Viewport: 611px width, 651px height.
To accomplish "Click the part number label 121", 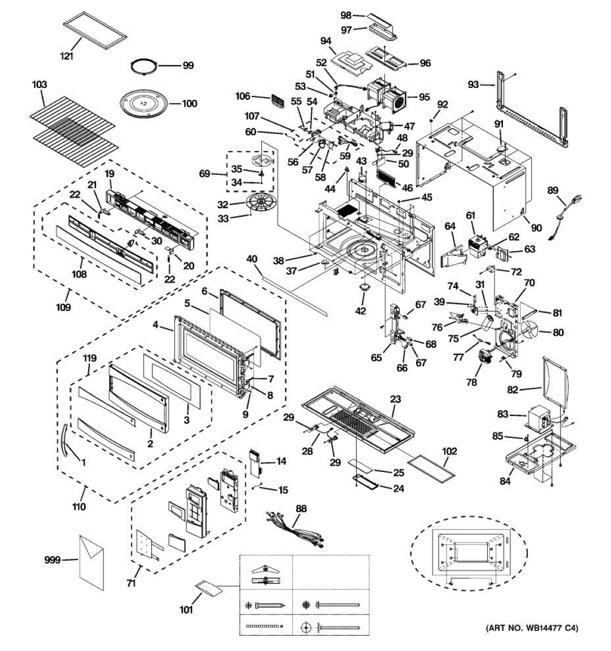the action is click(x=67, y=56).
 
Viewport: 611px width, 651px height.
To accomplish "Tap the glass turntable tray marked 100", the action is click(x=144, y=104).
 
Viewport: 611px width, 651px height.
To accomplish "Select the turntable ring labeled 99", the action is click(x=143, y=67).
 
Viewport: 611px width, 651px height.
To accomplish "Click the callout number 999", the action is click(x=53, y=559).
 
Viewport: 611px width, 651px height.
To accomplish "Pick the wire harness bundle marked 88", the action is click(x=295, y=533).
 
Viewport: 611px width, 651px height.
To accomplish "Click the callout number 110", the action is click(x=79, y=507).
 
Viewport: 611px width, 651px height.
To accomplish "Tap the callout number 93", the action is click(x=473, y=85).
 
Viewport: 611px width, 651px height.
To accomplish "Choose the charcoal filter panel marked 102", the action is click(x=431, y=466).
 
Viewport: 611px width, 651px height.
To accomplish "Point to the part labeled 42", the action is click(x=364, y=288).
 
